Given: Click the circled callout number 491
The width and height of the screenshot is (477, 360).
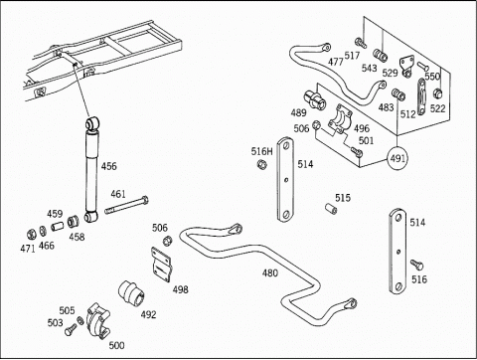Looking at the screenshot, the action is tap(397, 158).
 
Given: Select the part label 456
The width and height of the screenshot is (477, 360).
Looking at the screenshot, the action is tap(109, 166).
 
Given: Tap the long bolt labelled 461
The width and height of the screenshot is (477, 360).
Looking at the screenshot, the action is tap(126, 205).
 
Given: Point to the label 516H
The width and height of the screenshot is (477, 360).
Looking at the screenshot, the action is tap(261, 151).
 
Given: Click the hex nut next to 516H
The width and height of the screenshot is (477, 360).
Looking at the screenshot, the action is tap(261, 164).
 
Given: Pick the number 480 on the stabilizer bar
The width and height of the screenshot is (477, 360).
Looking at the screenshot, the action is tap(270, 273).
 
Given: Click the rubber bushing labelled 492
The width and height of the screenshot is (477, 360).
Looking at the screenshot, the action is tap(131, 293).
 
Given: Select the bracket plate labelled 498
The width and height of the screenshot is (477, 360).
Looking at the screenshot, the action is tap(161, 265).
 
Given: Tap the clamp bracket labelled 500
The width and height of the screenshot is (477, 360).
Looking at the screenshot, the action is tap(98, 321).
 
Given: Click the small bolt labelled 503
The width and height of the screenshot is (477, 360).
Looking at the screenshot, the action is tap(71, 329).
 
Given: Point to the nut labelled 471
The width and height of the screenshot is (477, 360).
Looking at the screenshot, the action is tap(32, 235).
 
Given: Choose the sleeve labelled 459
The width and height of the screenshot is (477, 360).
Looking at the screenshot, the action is tap(58, 227).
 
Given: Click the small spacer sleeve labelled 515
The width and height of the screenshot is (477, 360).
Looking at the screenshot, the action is tap(331, 209).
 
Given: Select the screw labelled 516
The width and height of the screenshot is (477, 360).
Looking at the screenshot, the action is tap(416, 265).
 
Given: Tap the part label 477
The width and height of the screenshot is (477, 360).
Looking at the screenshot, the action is tap(336, 62).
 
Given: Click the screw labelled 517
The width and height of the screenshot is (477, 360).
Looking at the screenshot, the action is tap(361, 43).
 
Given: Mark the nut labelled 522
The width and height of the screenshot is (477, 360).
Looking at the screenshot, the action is tap(438, 93).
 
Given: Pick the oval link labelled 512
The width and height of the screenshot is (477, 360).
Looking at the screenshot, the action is tap(421, 96).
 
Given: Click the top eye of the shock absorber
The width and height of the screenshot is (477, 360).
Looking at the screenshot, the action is tap(92, 123).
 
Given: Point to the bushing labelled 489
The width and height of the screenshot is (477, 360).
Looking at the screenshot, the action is tap(314, 99).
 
